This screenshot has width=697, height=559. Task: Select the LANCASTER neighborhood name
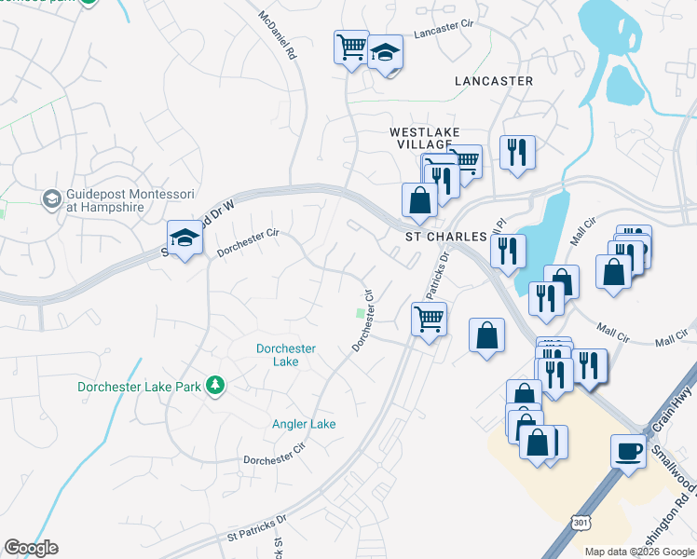(x=494, y=81)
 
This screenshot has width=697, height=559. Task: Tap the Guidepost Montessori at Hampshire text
(x=130, y=200)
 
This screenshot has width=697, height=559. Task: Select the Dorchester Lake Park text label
(x=139, y=386)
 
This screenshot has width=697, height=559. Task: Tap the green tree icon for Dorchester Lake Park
(x=215, y=385)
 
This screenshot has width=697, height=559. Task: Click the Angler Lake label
(x=304, y=424)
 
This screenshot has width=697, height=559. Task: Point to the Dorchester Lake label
(x=286, y=355)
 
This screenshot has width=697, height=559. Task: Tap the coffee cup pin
(x=627, y=452)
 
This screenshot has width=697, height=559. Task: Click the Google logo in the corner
(x=31, y=548)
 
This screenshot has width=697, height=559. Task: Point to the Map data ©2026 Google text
(x=639, y=552)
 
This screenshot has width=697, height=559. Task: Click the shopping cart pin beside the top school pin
(x=352, y=46)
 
